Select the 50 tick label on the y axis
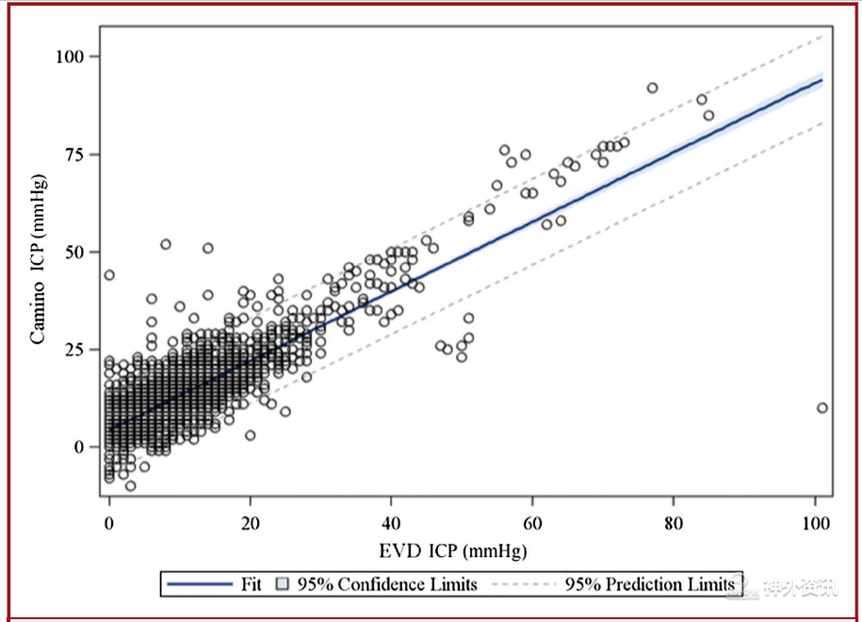pyautogui.click(x=77, y=253)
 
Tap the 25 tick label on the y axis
pyautogui.click(x=77, y=350)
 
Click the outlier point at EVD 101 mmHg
pyautogui.click(x=822, y=408)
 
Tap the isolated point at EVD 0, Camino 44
pyautogui.click(x=109, y=275)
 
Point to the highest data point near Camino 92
pyautogui.click(x=652, y=88)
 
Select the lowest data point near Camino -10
pyautogui.click(x=130, y=486)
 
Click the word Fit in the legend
pyautogui.click(x=250, y=584)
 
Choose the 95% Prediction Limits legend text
pyautogui.click(x=650, y=584)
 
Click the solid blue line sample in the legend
pyautogui.click(x=200, y=584)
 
